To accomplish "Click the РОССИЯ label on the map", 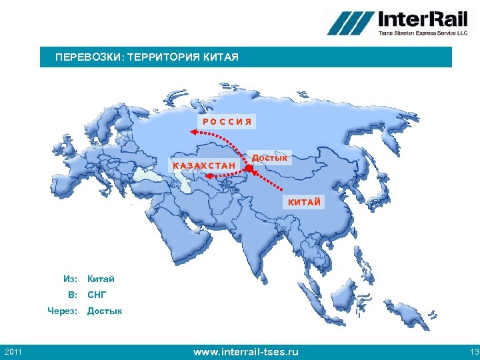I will point(227,122).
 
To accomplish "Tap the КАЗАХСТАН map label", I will point(204,165).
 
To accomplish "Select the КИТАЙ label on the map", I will point(305,202).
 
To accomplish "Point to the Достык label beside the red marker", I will point(269,158).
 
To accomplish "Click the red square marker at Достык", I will point(249,170).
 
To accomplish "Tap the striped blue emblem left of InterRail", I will point(349,23).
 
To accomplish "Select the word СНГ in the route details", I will point(97,294).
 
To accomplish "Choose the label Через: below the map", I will point(63,311).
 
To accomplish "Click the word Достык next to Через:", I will point(105,311).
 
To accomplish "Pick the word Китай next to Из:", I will point(101,278).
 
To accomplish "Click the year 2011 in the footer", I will point(13,351).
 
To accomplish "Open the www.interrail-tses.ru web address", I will point(245,351).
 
